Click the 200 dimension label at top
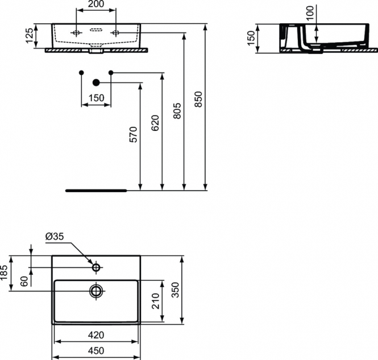coord(95,4)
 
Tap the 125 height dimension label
coord(30,35)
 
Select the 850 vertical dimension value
coord(198,99)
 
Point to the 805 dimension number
coord(177,111)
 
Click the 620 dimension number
coord(155,123)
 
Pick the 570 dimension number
coord(134,134)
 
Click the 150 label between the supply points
coord(97,98)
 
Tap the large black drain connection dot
coord(96,82)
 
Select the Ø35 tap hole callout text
coord(55,237)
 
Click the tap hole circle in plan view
coord(97,264)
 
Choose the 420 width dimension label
coord(96,335)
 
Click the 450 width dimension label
coord(96,350)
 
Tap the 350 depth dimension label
coord(176,290)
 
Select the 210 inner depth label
coord(156,301)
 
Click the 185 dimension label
coord(4,273)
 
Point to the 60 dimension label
coord(24,282)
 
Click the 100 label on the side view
coord(311,13)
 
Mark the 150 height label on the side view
coord(251,38)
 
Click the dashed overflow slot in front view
coord(97,30)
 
